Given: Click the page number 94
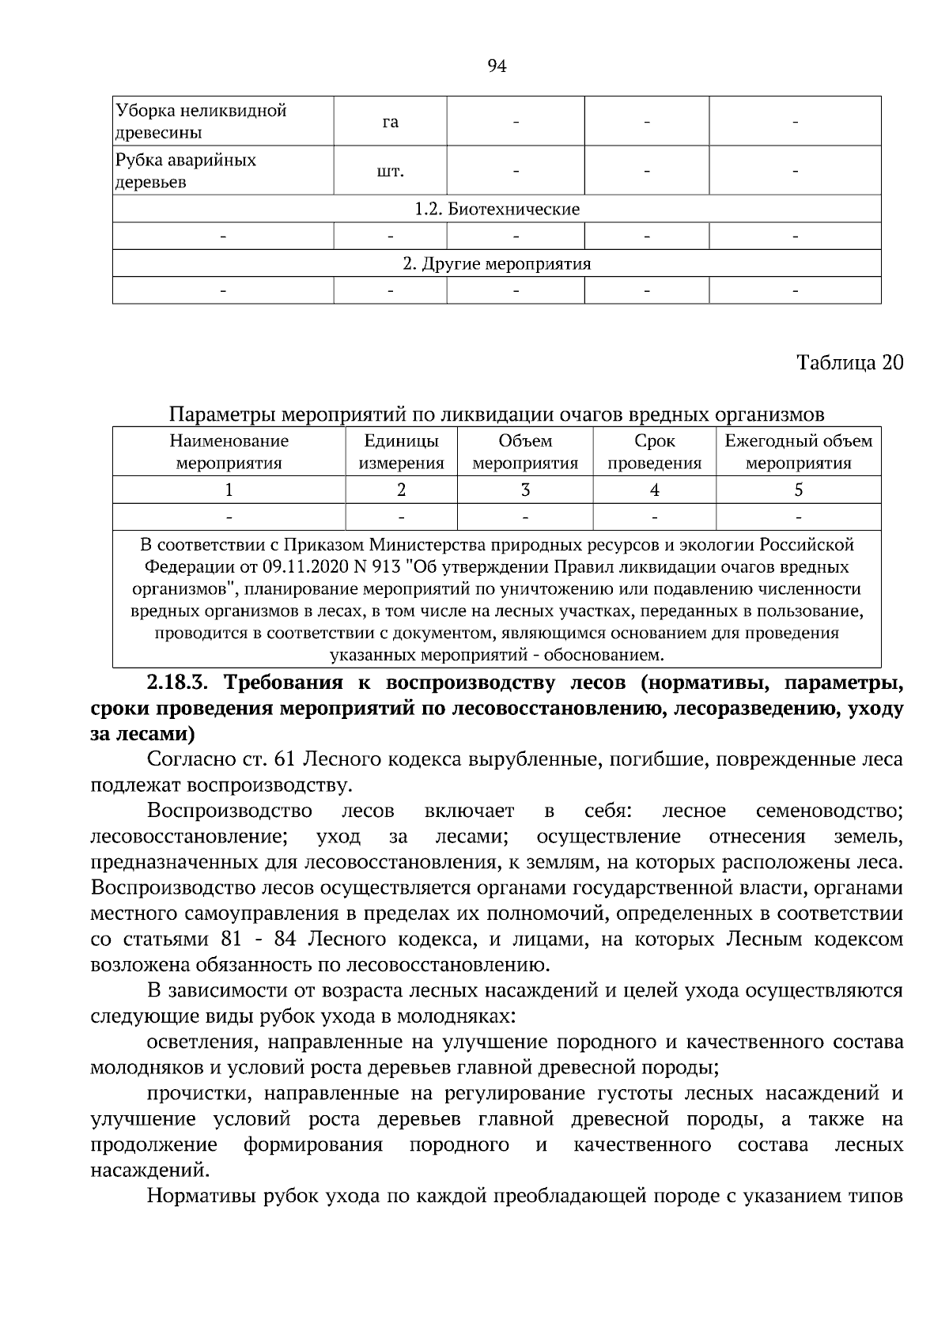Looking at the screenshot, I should pyautogui.click(x=497, y=66).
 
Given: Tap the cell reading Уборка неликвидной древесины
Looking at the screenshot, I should pyautogui.click(x=201, y=121).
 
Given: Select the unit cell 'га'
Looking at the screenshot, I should pyautogui.click(x=390, y=122).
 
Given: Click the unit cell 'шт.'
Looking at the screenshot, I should pyautogui.click(x=390, y=171).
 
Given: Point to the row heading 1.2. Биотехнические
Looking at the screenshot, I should pyautogui.click(x=497, y=209).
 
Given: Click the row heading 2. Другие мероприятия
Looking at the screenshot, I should pyautogui.click(x=497, y=263).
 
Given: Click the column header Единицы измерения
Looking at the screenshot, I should pyautogui.click(x=401, y=452).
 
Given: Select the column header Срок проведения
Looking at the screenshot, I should pyautogui.click(x=654, y=452).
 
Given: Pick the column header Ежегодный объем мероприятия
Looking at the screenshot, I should pyautogui.click(x=798, y=452).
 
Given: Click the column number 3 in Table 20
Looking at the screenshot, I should pyautogui.click(x=525, y=490).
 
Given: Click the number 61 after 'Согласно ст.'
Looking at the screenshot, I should pyautogui.click(x=284, y=759).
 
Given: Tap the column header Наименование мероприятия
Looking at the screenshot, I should pyautogui.click(x=229, y=452).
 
